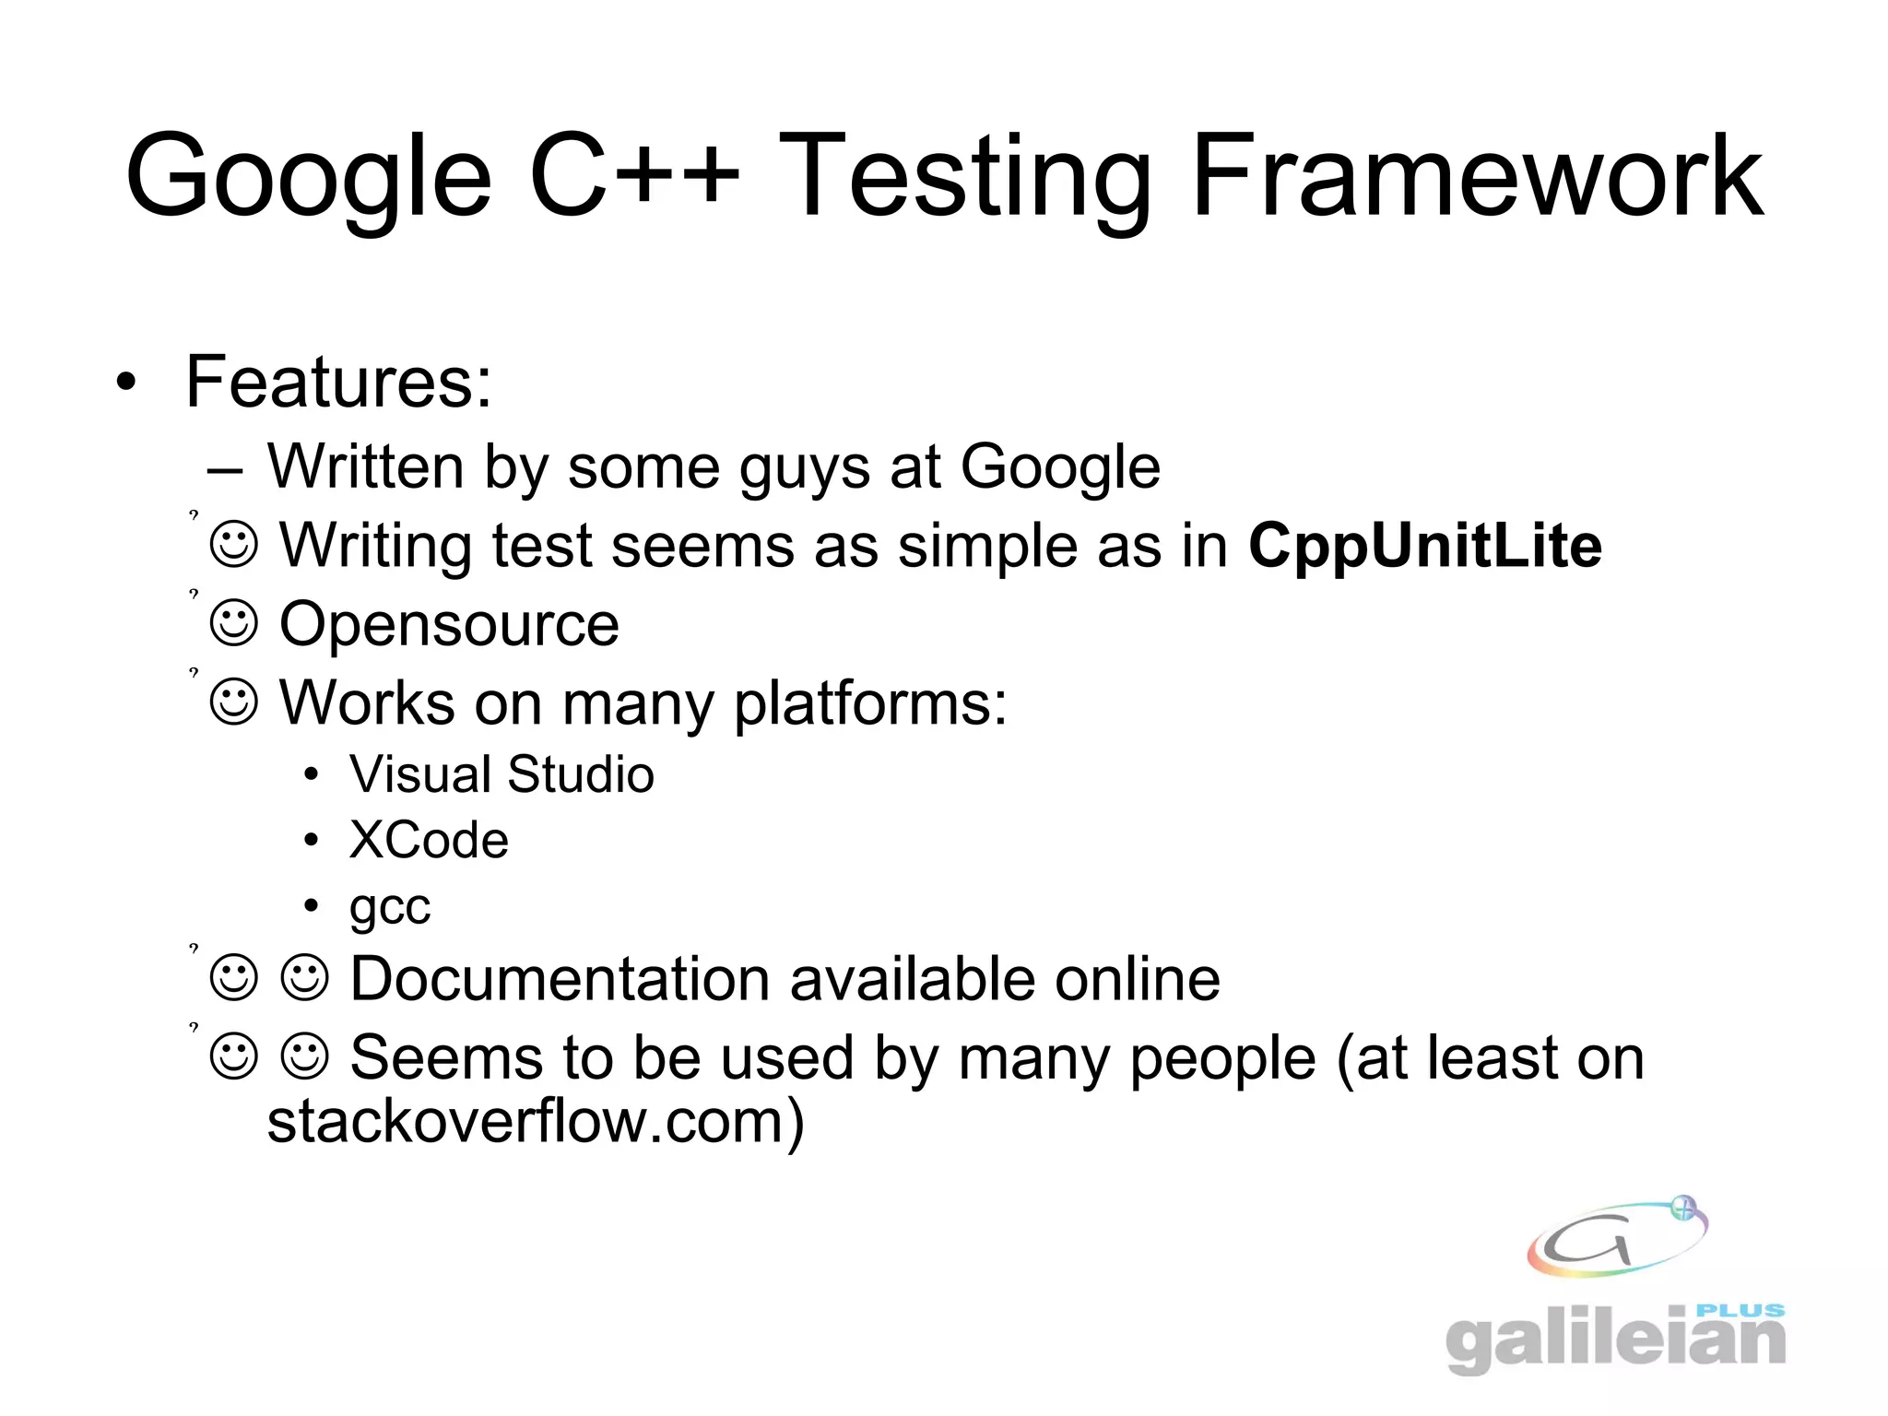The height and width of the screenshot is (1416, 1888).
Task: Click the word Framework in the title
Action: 1477,175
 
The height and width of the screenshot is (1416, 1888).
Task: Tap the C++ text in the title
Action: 634,175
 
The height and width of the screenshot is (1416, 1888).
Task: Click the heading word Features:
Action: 338,382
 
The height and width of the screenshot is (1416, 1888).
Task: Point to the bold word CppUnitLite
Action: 1424,546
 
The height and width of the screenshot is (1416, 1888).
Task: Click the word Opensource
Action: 449,624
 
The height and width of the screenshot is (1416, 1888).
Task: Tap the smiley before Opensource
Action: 234,624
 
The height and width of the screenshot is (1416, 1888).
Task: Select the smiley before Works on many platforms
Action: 234,703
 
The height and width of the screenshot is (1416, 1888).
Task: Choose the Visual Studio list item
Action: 501,773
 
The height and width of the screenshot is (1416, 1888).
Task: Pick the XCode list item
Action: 429,840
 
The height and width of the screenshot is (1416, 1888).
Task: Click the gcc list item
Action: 389,907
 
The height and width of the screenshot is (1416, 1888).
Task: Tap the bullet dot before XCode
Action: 312,841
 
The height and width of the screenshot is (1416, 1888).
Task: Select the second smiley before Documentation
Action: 304,978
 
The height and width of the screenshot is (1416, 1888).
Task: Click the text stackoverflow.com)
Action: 536,1123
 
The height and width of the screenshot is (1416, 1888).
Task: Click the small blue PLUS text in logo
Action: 1740,1310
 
